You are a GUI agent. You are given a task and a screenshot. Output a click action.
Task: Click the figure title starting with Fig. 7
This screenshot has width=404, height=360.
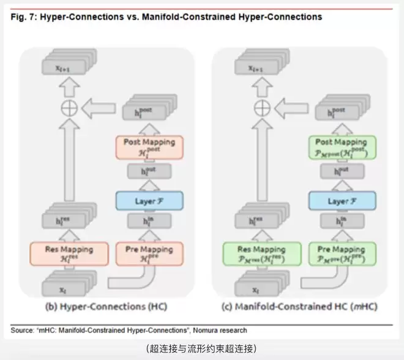[x=166, y=17]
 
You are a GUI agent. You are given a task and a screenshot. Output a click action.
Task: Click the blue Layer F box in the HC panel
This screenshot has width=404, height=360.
[x=145, y=200]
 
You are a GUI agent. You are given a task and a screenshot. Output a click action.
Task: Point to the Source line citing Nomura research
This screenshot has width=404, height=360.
[x=129, y=331]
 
